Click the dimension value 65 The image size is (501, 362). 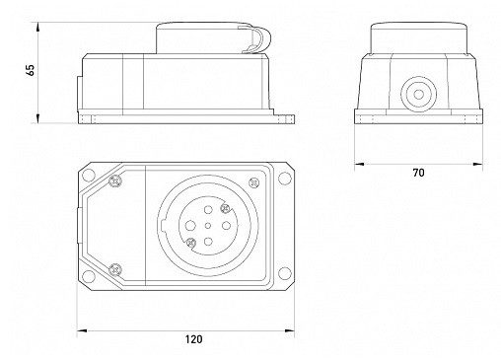30,70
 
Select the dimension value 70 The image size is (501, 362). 418,173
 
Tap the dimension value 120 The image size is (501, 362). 193,339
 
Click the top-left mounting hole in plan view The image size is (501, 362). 89,176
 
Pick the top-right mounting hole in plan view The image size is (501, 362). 284,178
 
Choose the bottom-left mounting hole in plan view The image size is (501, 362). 89,275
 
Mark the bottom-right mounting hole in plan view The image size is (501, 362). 284,273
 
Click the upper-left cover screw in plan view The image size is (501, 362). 115,181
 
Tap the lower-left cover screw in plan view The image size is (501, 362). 115,269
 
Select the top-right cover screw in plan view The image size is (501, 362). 254,182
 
